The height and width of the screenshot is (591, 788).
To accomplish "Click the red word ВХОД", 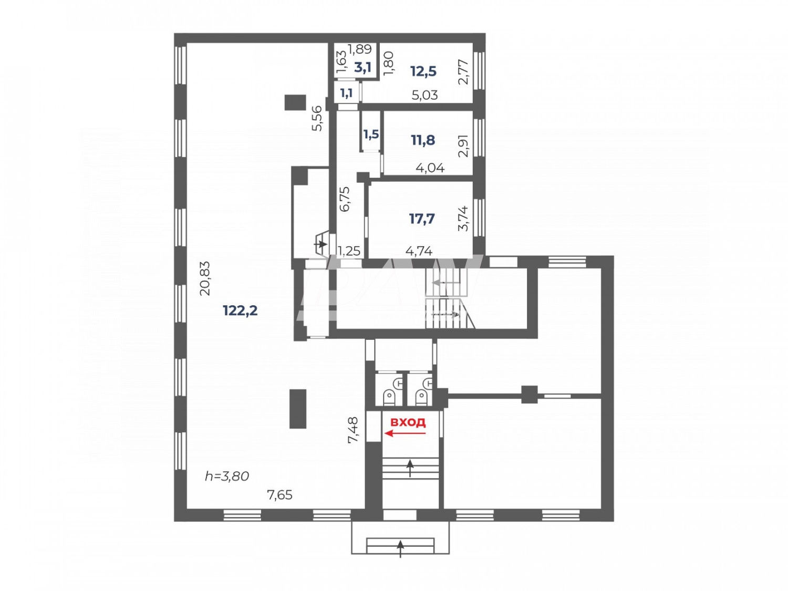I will (408, 422).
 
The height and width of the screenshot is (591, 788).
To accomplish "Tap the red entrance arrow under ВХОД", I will (405, 433).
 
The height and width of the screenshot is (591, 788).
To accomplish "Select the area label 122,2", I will (240, 310).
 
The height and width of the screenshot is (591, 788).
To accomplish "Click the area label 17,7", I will (422, 219).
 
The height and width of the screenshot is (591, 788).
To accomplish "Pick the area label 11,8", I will (423, 140).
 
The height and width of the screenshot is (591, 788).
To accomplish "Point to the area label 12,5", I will (423, 71).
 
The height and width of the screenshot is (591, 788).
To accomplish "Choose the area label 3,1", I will (362, 67).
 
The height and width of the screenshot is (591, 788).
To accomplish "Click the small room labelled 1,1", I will (346, 94).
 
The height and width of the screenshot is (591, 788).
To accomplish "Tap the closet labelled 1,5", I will (371, 134).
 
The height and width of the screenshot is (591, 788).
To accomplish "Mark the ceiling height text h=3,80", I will (226, 476).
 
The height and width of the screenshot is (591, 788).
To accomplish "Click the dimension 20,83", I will (205, 278).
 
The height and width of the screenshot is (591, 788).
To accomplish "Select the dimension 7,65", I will (279, 495).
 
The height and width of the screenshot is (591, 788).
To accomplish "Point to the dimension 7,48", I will (353, 430).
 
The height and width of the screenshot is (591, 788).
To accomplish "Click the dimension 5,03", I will (424, 95).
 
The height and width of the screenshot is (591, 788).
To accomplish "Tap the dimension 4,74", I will (419, 251).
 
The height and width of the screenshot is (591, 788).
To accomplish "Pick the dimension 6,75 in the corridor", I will (345, 199).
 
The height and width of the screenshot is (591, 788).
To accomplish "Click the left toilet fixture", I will (389, 396).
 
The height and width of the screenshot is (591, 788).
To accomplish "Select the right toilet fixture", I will (421, 396).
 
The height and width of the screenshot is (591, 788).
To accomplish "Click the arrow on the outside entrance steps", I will (400, 548).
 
